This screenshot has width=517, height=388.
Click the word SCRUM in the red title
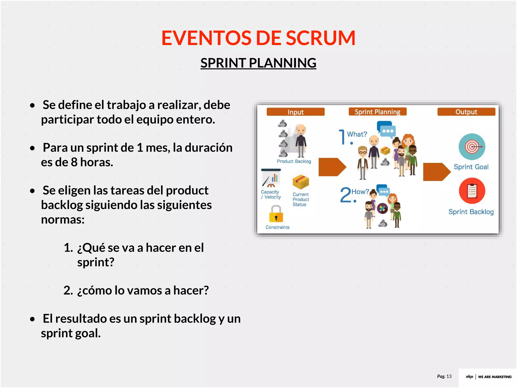(x=321, y=38)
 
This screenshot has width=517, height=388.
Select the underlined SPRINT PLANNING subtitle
(x=258, y=63)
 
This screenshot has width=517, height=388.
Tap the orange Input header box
(x=295, y=112)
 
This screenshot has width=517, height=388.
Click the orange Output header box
(x=466, y=112)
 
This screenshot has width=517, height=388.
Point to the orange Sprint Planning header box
(x=377, y=112)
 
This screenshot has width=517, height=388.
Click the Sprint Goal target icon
(x=472, y=147)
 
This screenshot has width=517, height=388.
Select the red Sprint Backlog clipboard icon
(x=472, y=191)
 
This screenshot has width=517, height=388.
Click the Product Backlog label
(x=294, y=161)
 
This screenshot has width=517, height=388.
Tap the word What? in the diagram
(x=357, y=134)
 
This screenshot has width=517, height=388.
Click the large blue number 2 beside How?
(x=345, y=195)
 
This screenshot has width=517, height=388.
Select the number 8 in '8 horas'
(x=74, y=162)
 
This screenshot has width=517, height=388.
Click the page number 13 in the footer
(x=449, y=376)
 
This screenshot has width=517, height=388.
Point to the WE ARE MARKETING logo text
(x=495, y=377)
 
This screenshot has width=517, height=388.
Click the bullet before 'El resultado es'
(x=32, y=319)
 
